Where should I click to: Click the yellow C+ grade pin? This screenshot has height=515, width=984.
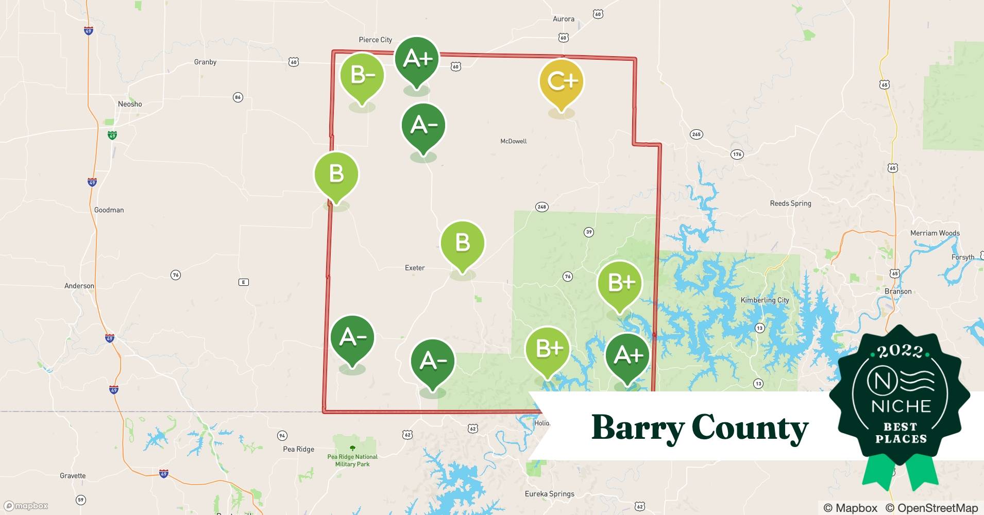tap(561, 82)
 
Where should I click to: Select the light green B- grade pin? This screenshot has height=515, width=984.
tap(362, 76)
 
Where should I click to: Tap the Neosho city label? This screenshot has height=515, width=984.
tap(130, 104)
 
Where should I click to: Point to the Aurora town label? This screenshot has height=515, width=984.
tap(563, 19)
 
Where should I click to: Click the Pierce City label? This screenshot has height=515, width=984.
tap(375, 40)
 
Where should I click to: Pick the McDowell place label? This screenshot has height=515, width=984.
tap(513, 141)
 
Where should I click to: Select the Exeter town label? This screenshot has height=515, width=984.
tap(415, 268)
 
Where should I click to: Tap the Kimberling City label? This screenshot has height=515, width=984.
tap(765, 300)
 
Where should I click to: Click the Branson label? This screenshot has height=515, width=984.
tap(898, 291)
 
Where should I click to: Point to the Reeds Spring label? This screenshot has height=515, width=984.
tap(790, 203)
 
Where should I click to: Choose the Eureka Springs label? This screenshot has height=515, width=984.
tap(549, 494)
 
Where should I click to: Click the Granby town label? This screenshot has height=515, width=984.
tap(205, 62)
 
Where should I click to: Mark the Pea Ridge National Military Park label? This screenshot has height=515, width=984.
tap(352, 460)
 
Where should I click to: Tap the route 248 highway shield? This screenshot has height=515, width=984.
tap(541, 207)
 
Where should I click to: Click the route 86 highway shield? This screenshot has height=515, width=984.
tap(237, 97)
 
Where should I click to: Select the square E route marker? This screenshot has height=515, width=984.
tap(244, 282)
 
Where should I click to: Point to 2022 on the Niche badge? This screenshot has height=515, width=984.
tap(900, 351)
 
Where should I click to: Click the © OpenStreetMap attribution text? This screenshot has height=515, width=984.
tap(931, 508)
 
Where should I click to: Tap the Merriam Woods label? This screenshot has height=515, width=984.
tap(935, 233)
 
